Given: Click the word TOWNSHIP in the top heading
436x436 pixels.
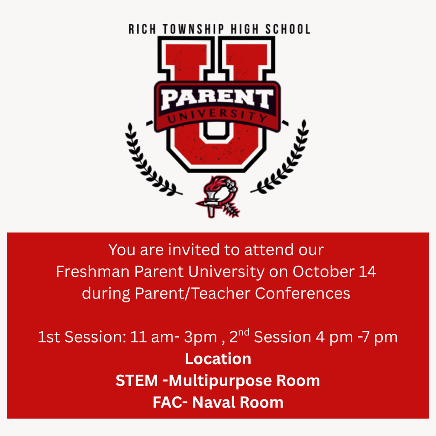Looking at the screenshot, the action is click(x=193, y=29).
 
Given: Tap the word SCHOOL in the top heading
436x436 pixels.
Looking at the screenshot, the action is click(x=288, y=29).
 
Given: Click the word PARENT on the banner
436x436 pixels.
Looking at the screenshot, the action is click(x=217, y=99).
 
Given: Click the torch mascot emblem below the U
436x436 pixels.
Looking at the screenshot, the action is click(x=218, y=196).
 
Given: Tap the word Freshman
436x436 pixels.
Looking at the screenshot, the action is click(x=92, y=271).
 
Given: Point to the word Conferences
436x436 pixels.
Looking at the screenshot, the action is click(x=303, y=293).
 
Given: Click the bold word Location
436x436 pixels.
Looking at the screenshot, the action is click(x=218, y=359).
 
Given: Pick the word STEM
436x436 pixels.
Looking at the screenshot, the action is click(x=137, y=380).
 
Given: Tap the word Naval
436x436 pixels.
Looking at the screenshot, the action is click(x=214, y=402).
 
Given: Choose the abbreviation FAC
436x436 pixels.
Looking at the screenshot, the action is click(x=168, y=402).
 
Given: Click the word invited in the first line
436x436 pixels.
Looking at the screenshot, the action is click(x=194, y=250).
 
